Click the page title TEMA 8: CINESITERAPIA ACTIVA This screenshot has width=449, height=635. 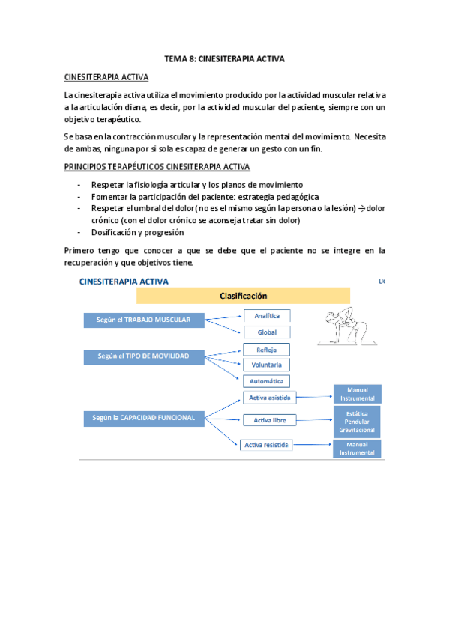224,58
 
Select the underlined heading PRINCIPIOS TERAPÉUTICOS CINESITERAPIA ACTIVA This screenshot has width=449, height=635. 157,167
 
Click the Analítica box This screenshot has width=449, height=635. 267,317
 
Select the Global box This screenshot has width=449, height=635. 267,332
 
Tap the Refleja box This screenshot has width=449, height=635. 267,350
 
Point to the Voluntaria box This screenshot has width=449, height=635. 267,365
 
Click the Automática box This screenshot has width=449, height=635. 267,381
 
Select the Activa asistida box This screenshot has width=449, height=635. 267,397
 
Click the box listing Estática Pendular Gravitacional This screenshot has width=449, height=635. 358,422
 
